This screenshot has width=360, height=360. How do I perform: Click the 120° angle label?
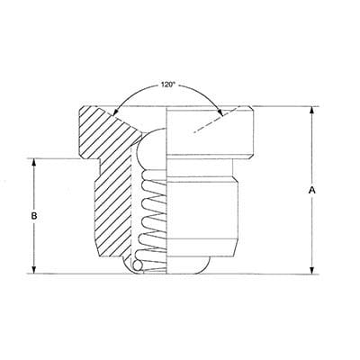click(x=167, y=85)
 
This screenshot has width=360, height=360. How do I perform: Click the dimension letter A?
click(x=312, y=190)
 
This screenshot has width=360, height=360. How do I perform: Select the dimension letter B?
click(x=34, y=216)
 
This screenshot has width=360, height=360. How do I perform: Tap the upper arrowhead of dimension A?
click(x=312, y=111)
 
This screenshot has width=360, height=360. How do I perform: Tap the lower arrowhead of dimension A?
click(x=312, y=269)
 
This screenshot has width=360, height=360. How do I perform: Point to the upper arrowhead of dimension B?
click(x=34, y=163)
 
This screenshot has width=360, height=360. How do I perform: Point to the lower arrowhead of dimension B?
click(x=34, y=269)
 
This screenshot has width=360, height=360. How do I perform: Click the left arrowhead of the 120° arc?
click(x=114, y=112)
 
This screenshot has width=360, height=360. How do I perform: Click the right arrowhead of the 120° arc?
click(x=220, y=112)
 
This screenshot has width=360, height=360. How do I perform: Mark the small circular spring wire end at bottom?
click(x=139, y=265)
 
